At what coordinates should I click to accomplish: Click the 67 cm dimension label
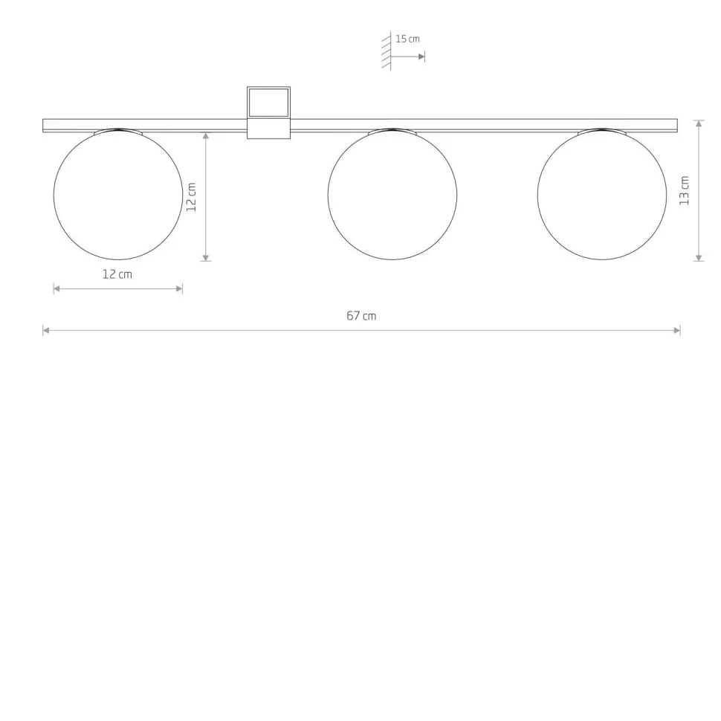361,316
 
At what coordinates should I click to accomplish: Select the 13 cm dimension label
685,190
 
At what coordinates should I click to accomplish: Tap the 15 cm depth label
407,39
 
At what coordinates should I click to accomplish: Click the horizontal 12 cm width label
117,274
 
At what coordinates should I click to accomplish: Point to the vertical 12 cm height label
192,198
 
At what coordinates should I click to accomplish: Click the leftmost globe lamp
117,195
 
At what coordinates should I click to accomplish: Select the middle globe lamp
392,195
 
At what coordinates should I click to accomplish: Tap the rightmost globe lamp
602,195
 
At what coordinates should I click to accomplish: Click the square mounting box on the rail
268,112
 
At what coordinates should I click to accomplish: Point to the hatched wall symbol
387,51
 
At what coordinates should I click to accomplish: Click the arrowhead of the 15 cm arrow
421,56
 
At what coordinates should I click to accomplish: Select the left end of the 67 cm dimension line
45,330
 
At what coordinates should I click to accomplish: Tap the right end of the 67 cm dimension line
679,330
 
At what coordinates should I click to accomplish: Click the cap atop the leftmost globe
117,132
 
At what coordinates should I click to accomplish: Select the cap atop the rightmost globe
602,132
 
